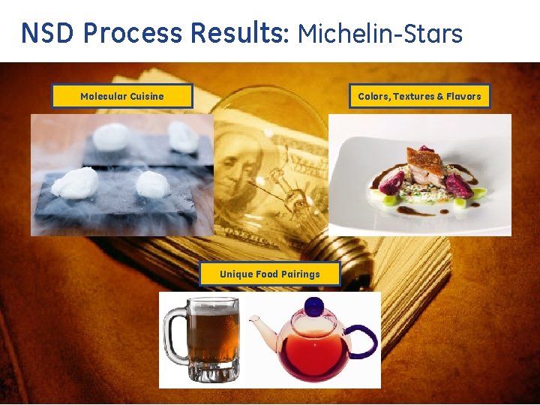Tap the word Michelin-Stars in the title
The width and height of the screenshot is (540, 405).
[380, 33]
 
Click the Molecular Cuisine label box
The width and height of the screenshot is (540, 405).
[121, 96]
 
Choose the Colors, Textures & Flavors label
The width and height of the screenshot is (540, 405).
[419, 96]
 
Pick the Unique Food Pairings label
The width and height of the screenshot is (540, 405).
[269, 274]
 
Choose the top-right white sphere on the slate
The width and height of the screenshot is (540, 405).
[183, 136]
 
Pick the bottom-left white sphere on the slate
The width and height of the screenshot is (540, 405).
[75, 182]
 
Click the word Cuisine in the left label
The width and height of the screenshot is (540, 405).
[146, 96]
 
